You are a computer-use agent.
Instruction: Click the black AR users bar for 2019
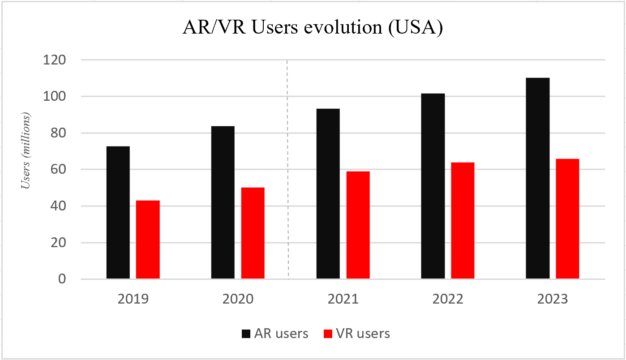118,213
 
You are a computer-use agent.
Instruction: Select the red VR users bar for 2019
148,240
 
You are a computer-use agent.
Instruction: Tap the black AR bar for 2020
223,202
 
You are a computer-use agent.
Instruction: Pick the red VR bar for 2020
253,233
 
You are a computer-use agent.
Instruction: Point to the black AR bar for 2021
328,194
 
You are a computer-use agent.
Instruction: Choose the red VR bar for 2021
358,225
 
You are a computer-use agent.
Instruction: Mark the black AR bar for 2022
433,186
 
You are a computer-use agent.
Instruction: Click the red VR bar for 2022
463,221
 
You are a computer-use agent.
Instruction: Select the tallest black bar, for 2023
538,178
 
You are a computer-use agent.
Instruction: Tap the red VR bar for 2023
567,219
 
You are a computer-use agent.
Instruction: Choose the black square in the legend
246,334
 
